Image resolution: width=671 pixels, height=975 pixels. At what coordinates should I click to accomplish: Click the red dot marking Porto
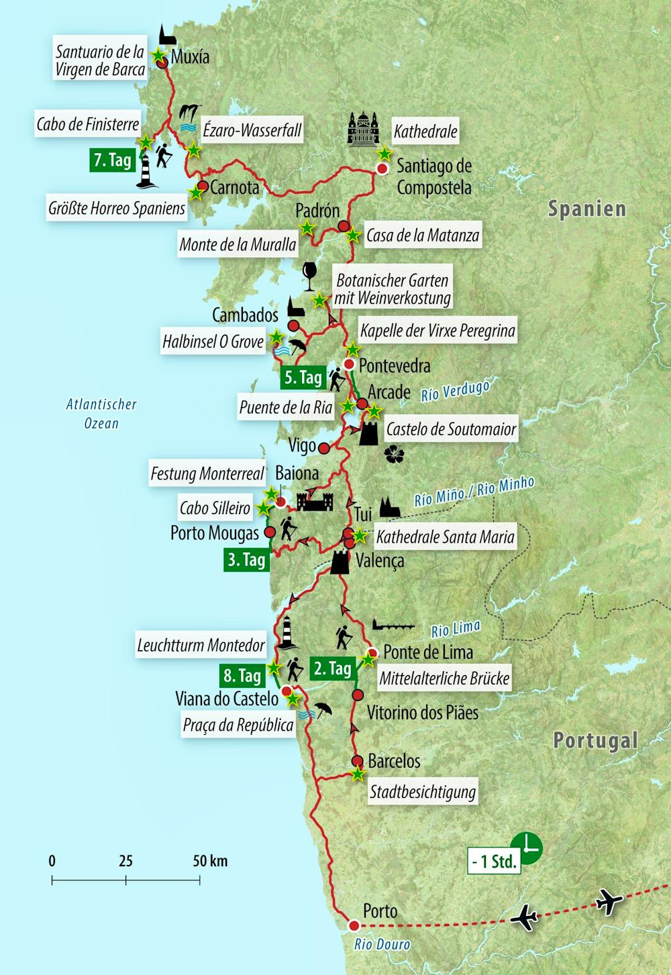(354, 925)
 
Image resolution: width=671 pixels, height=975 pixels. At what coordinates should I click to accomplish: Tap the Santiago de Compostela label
(433, 176)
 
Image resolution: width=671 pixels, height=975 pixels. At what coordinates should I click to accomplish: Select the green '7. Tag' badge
(113, 160)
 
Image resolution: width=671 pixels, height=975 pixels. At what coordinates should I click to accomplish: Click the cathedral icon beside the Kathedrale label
(363, 129)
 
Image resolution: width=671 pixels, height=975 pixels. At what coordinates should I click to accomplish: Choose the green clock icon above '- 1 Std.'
(526, 847)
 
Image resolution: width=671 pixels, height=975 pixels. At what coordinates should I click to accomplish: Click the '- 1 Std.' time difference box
(494, 862)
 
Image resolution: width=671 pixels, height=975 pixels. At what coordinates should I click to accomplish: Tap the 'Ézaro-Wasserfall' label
(252, 130)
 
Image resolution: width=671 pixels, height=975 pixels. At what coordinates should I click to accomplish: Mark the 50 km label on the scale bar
(210, 861)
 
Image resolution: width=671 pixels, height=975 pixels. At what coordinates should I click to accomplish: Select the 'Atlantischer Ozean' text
(101, 413)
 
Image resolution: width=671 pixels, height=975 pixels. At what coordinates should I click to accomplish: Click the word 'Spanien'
(586, 209)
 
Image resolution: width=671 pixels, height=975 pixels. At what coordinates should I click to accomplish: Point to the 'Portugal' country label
(595, 741)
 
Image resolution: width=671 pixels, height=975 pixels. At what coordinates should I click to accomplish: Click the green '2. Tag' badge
(332, 668)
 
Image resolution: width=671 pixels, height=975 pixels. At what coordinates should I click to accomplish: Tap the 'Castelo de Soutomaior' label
(451, 429)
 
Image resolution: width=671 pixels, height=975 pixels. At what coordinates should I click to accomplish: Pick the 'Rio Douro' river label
(382, 944)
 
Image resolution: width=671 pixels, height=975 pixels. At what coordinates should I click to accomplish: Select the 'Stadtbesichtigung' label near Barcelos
(423, 792)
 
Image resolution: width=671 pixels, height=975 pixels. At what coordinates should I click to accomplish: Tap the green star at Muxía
(159, 56)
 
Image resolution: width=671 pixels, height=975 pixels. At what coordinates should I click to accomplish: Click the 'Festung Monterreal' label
(207, 474)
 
